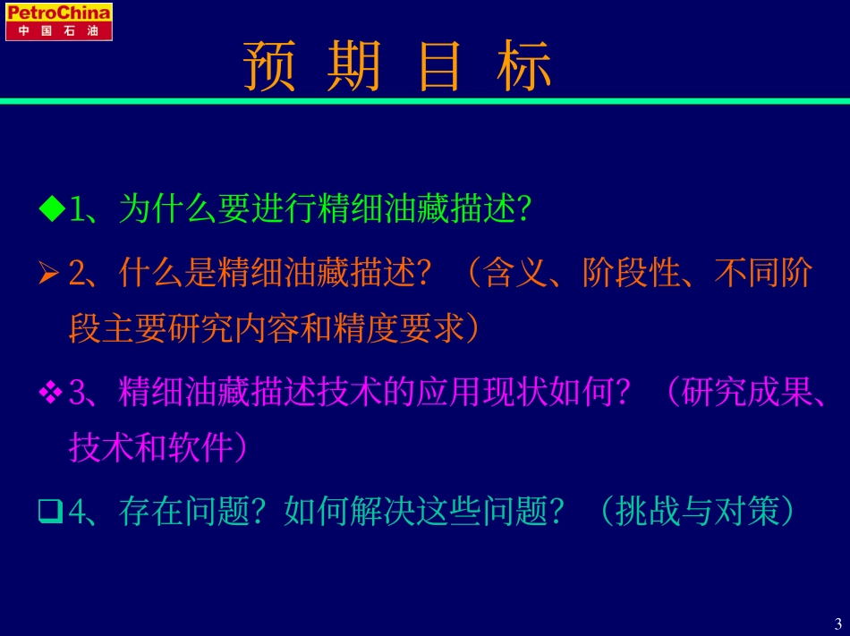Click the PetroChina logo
click(x=58, y=21)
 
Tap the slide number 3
click(x=838, y=623)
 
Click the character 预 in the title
click(x=269, y=66)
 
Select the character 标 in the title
click(x=523, y=66)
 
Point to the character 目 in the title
click(x=439, y=66)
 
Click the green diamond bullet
click(x=52, y=208)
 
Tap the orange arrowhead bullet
click(x=49, y=272)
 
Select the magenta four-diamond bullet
click(x=50, y=392)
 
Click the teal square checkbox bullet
click(x=50, y=512)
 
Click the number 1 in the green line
click(x=78, y=208)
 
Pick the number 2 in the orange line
click(x=77, y=273)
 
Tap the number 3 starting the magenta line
click(x=77, y=393)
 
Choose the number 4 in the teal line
click(x=78, y=512)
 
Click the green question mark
click(x=523, y=208)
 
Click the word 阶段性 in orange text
click(x=632, y=272)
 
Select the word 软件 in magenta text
click(x=200, y=447)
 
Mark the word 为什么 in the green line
click(x=168, y=208)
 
